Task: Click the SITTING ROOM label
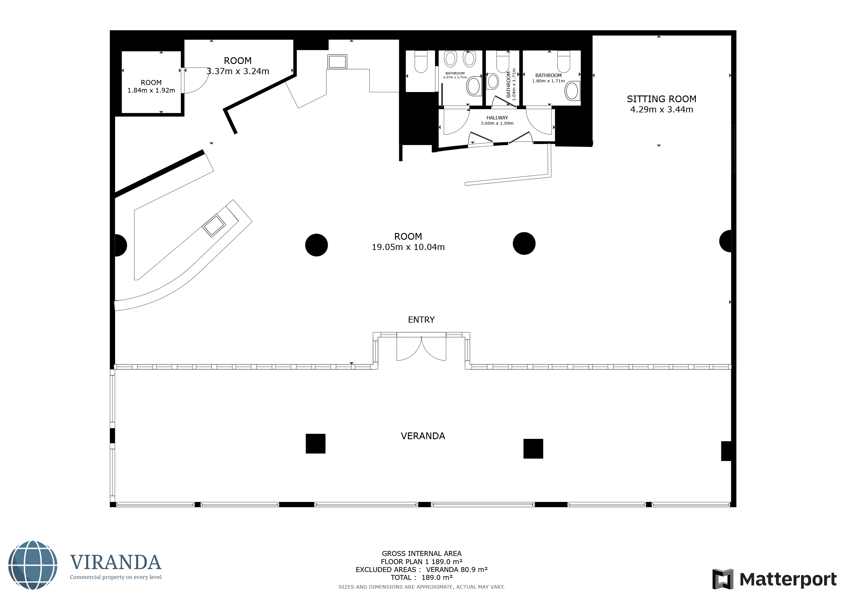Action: pos(661,99)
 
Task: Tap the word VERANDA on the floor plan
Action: pos(423,436)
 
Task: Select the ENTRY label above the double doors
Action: pos(421,320)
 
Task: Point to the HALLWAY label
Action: pos(497,118)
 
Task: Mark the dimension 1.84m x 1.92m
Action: pos(151,91)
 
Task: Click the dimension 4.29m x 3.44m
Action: pos(661,110)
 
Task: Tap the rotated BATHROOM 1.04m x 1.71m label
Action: pos(511,84)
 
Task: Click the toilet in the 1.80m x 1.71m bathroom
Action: pos(564,62)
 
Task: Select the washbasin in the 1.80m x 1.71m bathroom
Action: pos(572,91)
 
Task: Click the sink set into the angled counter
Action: pos(214,225)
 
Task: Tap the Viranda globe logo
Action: pos(33,565)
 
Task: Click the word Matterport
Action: pos(788,579)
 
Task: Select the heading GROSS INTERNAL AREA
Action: pos(422,553)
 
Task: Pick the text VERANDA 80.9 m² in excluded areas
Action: pos(457,570)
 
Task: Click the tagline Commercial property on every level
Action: pos(116,577)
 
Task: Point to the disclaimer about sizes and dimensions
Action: pos(422,587)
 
